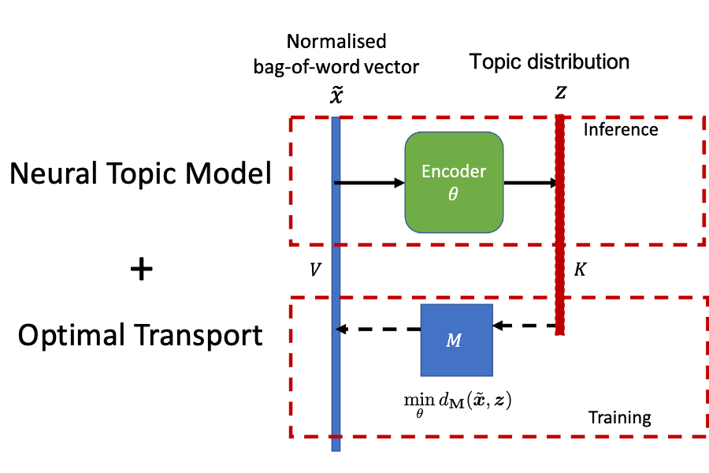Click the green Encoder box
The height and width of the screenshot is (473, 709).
454,182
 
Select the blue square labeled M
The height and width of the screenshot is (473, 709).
456,340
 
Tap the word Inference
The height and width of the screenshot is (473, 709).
620,129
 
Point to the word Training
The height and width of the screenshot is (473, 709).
620,417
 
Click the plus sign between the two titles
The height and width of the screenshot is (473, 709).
140,270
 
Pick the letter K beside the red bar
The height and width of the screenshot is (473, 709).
580,270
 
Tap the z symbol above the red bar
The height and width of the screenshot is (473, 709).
560,92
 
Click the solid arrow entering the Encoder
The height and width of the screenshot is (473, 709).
370,183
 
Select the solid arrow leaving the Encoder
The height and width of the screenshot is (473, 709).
530,183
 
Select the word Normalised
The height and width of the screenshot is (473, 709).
336,42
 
